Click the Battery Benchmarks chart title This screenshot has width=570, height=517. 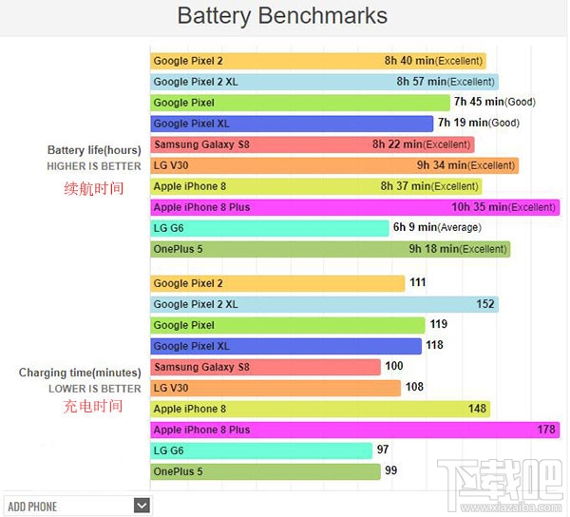283,16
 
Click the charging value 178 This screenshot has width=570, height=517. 546,430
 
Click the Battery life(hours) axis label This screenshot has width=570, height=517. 94,150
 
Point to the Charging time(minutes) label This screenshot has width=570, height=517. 80,373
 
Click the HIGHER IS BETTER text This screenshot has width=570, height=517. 94,166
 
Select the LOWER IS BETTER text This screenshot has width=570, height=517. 95,389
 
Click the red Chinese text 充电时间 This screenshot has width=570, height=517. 93,406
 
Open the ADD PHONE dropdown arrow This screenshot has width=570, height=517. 142,506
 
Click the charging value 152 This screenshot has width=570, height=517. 485,304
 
